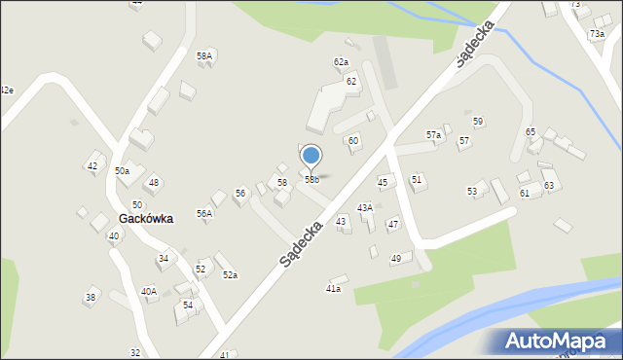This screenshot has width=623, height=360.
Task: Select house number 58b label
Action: (311, 179)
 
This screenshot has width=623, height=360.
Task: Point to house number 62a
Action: (341, 62)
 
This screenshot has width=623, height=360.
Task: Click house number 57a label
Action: (433, 135)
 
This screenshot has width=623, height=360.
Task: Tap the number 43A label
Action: (365, 207)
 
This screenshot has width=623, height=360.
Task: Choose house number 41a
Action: (333, 289)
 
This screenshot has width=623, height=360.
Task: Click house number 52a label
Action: (230, 275)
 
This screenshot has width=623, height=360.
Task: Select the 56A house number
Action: (204, 213)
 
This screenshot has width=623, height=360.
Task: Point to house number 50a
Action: (122, 171)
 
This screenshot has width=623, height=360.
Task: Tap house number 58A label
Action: (204, 56)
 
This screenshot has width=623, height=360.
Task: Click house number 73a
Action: (596, 34)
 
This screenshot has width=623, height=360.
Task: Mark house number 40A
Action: (148, 291)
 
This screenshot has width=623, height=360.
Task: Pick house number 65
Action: (531, 131)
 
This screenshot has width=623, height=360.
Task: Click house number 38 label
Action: (91, 298)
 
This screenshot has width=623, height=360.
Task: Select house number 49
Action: (396, 258)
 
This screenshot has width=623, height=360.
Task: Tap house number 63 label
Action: (549, 185)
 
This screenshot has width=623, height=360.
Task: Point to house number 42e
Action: (6, 90)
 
